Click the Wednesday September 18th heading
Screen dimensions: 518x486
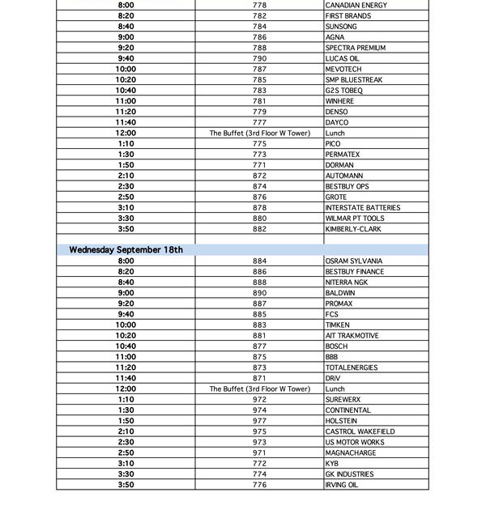coord(126,250)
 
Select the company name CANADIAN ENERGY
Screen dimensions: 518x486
coord(356,6)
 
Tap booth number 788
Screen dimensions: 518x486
coord(259,48)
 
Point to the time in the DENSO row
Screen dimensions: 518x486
coord(126,112)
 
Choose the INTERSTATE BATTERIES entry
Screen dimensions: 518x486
coord(363,208)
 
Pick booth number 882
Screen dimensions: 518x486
coord(259,229)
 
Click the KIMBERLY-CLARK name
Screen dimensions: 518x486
coord(353,229)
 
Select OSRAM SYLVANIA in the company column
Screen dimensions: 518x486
coord(353,261)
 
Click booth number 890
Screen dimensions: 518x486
coord(259,293)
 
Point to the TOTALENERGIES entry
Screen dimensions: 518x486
coord(352,367)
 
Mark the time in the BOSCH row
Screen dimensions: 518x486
coord(126,346)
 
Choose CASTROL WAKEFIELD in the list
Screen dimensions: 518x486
coord(359,431)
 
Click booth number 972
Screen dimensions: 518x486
coord(259,400)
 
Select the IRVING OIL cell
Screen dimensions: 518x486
coord(341,485)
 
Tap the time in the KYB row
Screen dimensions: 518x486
coord(126,464)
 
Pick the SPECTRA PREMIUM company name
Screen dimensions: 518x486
coord(356,48)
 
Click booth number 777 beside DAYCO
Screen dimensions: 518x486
coord(259,122)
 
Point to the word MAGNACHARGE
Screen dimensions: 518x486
coord(351,453)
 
